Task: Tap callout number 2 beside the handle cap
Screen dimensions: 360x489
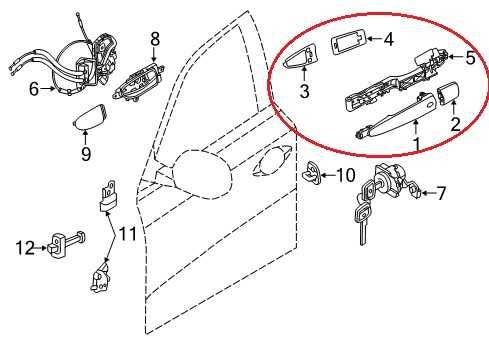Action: point(454,125)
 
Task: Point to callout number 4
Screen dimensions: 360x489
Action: point(389,40)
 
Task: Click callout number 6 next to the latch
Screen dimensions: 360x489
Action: point(33,89)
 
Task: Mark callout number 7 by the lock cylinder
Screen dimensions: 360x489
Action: point(441,190)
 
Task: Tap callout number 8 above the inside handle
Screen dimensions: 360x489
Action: point(155,38)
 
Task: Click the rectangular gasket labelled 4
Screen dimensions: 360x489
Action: point(345,45)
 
